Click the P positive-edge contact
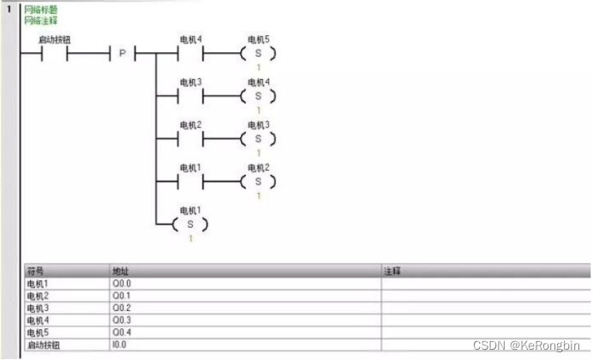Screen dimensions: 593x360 [x=122, y=54]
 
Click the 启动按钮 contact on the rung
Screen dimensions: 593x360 [x=55, y=54]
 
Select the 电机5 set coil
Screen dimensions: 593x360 [x=258, y=54]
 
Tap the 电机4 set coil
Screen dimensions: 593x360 [x=258, y=96]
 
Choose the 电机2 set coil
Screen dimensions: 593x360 [x=258, y=182]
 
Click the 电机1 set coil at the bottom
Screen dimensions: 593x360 [x=190, y=225]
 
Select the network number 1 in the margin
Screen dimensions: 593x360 [x=9, y=9]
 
